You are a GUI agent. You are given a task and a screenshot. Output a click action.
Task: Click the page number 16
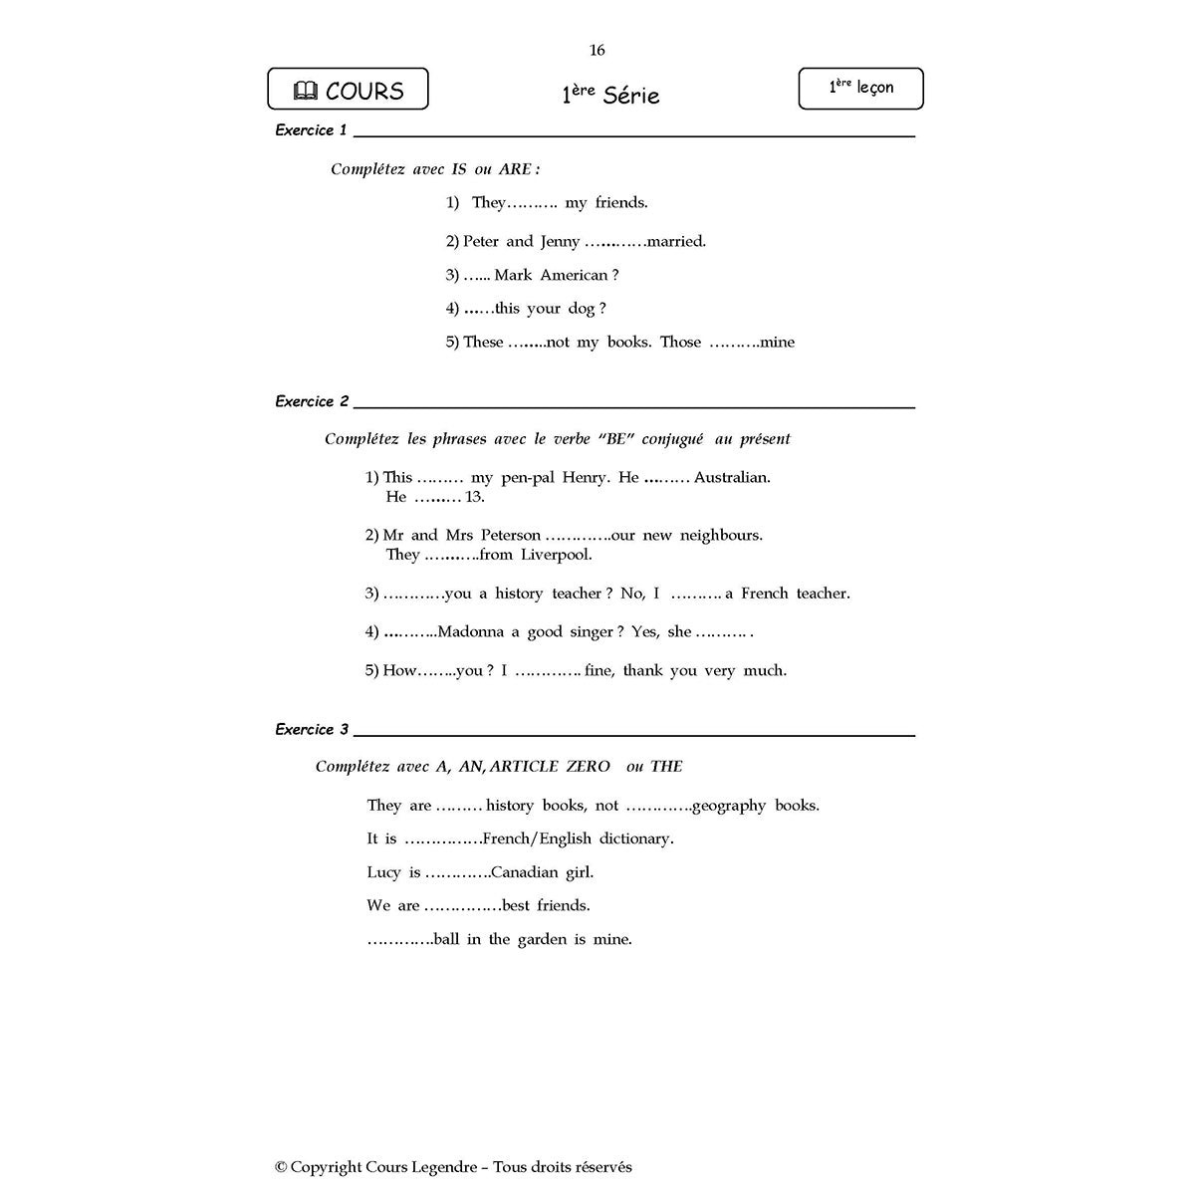(x=597, y=51)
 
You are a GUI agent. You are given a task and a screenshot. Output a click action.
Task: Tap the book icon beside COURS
(x=306, y=92)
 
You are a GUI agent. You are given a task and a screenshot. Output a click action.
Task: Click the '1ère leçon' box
(x=860, y=89)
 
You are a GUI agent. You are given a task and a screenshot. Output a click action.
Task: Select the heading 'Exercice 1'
(x=311, y=130)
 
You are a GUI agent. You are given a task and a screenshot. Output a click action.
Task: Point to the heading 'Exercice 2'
(x=312, y=401)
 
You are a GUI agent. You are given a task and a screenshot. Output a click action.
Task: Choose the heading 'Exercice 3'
(x=312, y=730)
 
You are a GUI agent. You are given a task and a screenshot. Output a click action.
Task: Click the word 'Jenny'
(x=560, y=241)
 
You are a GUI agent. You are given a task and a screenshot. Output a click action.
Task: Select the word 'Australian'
(x=732, y=478)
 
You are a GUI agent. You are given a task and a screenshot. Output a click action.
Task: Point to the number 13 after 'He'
(x=475, y=497)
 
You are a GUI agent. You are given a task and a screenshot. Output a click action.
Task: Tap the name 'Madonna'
(x=472, y=631)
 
